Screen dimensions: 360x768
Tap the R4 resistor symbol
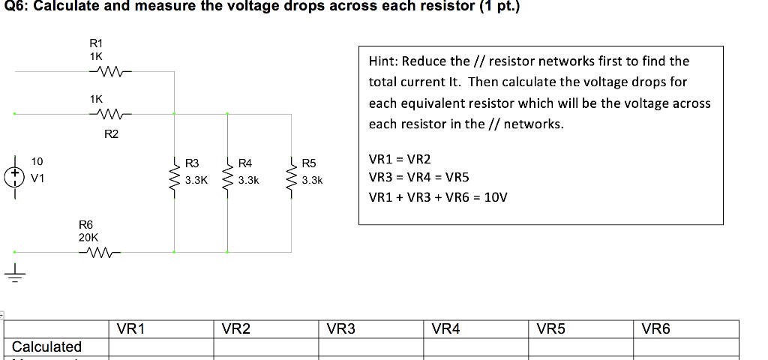(x=228, y=172)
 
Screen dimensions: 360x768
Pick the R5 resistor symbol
(x=292, y=172)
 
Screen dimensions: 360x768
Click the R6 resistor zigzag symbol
(x=99, y=253)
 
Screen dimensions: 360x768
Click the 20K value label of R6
(x=88, y=236)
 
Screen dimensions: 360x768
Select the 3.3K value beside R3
(x=196, y=181)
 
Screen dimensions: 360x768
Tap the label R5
(x=310, y=163)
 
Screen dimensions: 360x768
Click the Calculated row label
(x=46, y=346)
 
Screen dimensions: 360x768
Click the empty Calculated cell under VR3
(x=371, y=347)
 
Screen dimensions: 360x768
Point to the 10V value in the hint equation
(x=494, y=198)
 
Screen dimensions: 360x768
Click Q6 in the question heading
(x=13, y=7)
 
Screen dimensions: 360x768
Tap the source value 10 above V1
(x=37, y=161)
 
